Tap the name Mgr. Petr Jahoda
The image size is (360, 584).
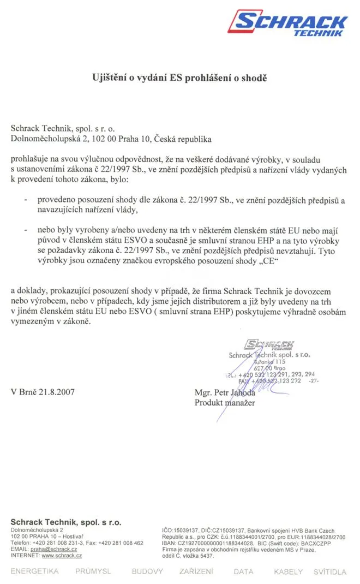(225, 392)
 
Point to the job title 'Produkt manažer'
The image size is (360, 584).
(224, 403)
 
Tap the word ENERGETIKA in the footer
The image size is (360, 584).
(34, 572)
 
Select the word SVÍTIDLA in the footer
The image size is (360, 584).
(329, 572)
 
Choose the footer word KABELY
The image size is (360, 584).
(288, 572)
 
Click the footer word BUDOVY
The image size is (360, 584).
(147, 572)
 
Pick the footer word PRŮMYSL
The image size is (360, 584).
(93, 572)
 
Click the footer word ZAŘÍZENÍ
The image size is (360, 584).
(196, 572)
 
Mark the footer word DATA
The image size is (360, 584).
(243, 572)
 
